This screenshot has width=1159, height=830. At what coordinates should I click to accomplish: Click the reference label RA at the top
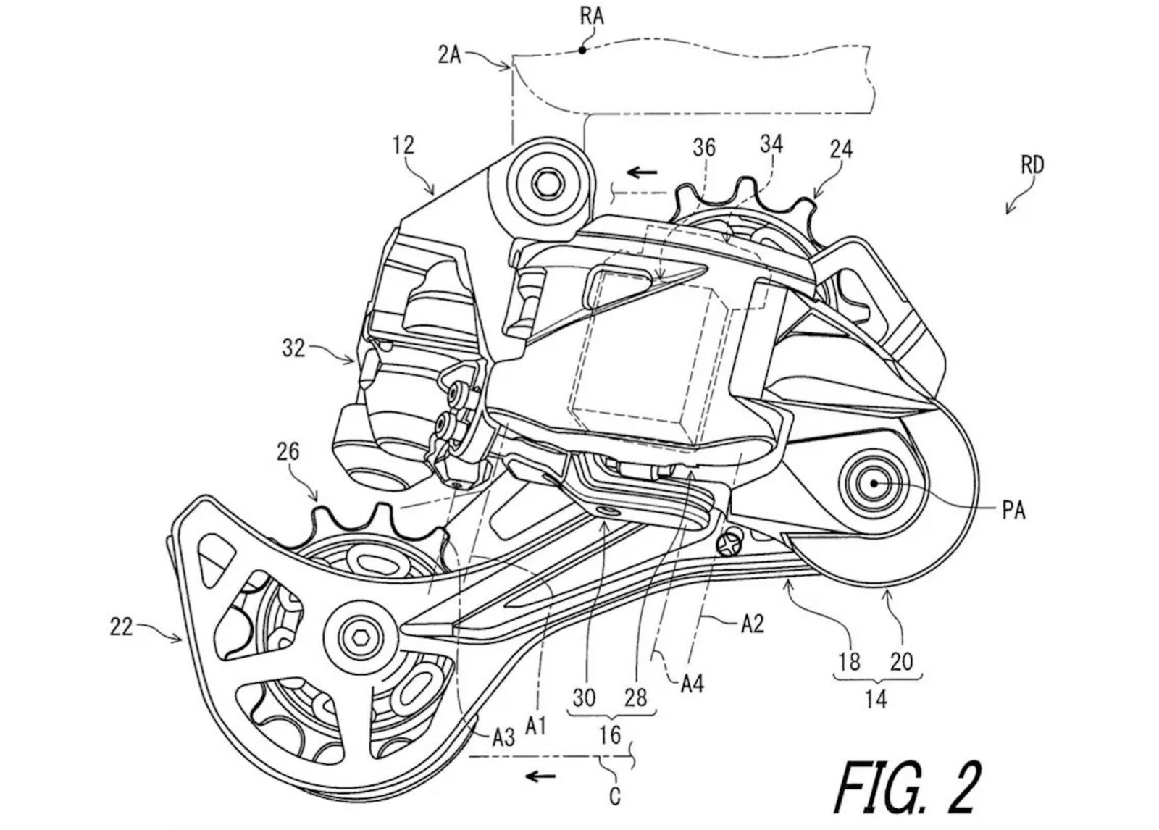(x=592, y=16)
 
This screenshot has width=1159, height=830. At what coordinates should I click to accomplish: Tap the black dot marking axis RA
(x=582, y=50)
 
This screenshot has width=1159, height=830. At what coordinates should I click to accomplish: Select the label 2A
(x=449, y=54)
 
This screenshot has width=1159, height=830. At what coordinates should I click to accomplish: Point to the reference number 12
(x=403, y=146)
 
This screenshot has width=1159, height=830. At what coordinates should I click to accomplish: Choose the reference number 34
(x=771, y=144)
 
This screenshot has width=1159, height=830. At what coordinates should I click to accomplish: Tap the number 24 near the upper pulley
(x=841, y=149)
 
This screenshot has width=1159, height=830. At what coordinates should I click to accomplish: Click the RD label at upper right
(x=1032, y=165)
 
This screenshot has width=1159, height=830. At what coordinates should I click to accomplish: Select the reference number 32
(x=293, y=348)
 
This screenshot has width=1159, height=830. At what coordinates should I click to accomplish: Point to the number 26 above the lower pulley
(x=288, y=452)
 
